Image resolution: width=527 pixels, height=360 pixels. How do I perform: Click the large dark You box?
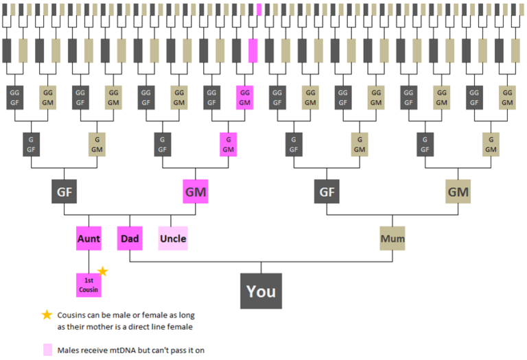point(261,291)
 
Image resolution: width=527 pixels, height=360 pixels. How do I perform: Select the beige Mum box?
point(393,239)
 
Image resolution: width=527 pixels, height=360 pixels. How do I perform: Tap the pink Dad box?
point(130,239)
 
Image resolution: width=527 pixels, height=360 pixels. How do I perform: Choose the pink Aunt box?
point(89,239)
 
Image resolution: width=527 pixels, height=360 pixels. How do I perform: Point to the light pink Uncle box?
point(172,239)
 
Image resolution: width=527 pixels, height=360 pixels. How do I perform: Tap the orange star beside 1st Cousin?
point(103,272)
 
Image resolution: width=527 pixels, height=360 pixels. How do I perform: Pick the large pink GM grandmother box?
point(196,191)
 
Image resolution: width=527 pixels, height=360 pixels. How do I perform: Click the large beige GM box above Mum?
point(458,191)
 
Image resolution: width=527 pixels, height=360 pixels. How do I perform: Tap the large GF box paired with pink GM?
point(63,191)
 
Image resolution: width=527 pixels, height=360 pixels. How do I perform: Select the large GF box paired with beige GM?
point(327,191)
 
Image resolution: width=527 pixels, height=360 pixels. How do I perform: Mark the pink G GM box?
point(228,145)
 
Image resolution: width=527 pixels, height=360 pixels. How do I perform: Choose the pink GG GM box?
point(245,97)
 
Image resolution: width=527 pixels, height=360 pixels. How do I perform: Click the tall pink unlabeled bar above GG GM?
point(253,50)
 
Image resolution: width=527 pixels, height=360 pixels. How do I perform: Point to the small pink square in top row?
point(259,10)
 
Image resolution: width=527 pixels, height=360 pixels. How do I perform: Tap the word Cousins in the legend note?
point(75,315)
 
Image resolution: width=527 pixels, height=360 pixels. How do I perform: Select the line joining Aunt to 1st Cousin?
point(89,261)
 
